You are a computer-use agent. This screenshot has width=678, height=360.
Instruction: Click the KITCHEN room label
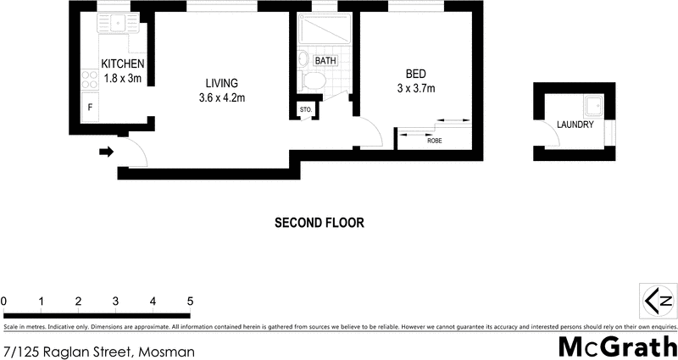point(123,64)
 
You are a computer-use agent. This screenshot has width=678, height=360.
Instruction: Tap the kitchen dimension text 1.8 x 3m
point(123,78)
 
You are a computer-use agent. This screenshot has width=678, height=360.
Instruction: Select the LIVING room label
point(221,83)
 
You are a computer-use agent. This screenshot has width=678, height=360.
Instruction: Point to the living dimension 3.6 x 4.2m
point(221,97)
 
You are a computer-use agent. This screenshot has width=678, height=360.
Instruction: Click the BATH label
point(325,61)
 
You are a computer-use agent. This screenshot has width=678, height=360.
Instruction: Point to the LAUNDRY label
point(575,125)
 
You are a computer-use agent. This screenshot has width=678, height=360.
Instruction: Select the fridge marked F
point(89,108)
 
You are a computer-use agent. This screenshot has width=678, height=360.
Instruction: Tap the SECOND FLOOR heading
point(320,224)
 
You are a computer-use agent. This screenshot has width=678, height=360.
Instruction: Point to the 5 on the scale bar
point(191,301)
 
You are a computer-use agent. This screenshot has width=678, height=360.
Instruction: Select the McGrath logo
point(617,346)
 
